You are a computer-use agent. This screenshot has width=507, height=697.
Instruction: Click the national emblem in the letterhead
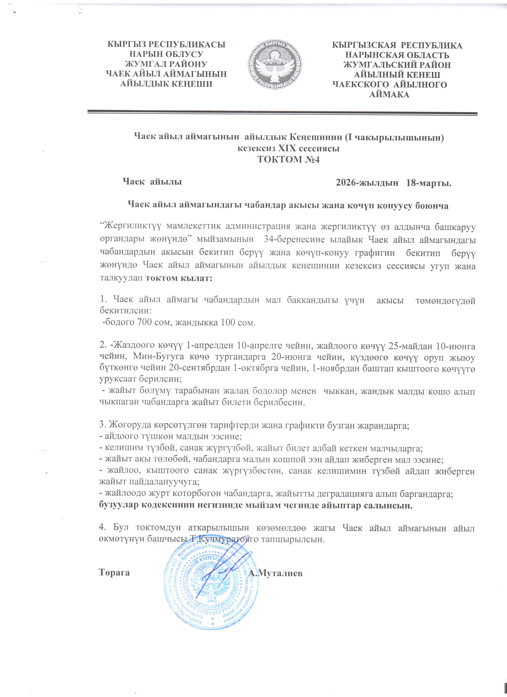(275, 65)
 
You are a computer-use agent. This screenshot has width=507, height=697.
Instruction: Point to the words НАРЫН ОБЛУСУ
(166, 54)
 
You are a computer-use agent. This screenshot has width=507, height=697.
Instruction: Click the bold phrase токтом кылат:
(179, 278)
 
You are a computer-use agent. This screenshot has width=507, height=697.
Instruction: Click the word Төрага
(114, 573)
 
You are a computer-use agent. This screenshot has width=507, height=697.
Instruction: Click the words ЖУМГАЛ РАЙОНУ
(166, 64)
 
